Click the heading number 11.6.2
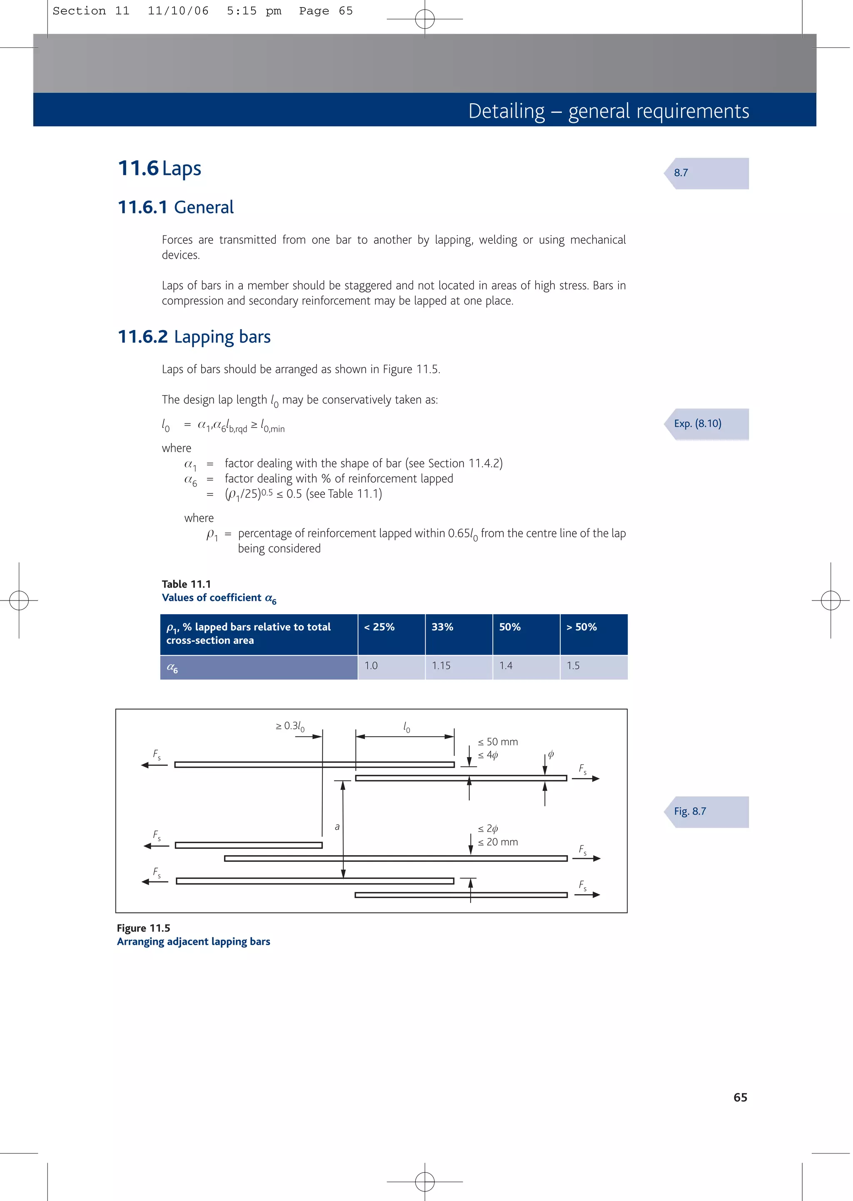pyautogui.click(x=142, y=337)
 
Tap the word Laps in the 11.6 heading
pyautogui.click(x=181, y=169)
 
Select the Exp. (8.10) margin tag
pyautogui.click(x=698, y=423)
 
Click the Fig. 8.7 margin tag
pyautogui.click(x=691, y=811)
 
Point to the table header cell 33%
pyautogui.click(x=442, y=627)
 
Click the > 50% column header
pyautogui.click(x=581, y=627)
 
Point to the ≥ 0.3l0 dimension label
pyautogui.click(x=290, y=726)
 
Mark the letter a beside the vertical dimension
pyautogui.click(x=337, y=827)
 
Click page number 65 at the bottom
pyautogui.click(x=740, y=1098)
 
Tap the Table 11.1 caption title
pyautogui.click(x=187, y=584)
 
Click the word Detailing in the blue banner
pyautogui.click(x=506, y=111)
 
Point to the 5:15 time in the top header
pyautogui.click(x=242, y=11)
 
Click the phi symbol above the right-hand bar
pyautogui.click(x=551, y=754)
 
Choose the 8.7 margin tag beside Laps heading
pyautogui.click(x=681, y=173)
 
